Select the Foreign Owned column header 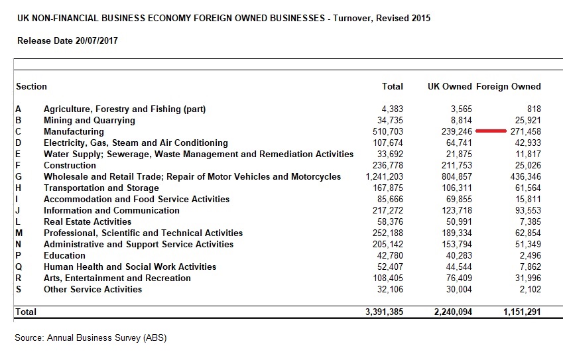pyautogui.click(x=509, y=86)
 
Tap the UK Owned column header pyautogui.click(x=450, y=86)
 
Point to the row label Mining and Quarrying pyautogui.click(x=89, y=121)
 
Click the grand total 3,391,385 pyautogui.click(x=384, y=312)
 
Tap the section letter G pyautogui.click(x=19, y=177)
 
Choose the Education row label pyautogui.click(x=64, y=256)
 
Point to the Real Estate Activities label pyautogui.click(x=88, y=222)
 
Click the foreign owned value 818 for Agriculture pyautogui.click(x=533, y=109)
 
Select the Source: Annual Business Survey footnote pyautogui.click(x=91, y=338)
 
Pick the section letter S pyautogui.click(x=19, y=290)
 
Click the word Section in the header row pyautogui.click(x=32, y=86)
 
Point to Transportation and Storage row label pyautogui.click(x=101, y=188)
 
